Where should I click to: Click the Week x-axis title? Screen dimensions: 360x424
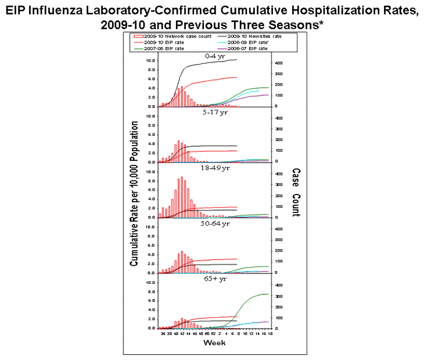click(x=211, y=342)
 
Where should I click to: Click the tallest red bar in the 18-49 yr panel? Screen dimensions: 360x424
click(x=182, y=197)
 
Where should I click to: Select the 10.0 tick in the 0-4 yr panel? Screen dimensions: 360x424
click(x=149, y=60)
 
